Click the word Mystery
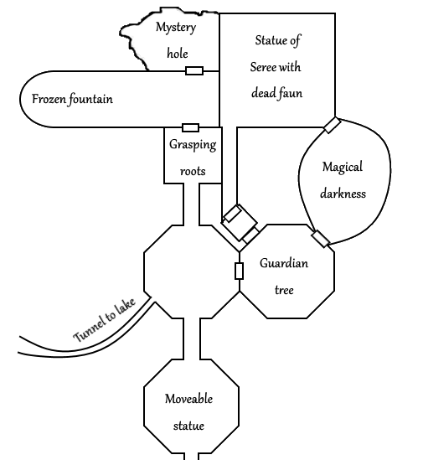[x=176, y=28]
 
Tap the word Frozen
[x=49, y=99]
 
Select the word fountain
[x=91, y=99]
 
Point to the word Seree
[x=263, y=67]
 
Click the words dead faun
[x=276, y=93]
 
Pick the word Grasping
[x=193, y=145]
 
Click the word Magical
[x=343, y=168]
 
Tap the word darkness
[x=343, y=194]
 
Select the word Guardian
[x=284, y=263]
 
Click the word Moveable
[x=188, y=399]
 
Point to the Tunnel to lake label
[x=104, y=320]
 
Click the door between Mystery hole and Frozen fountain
[x=194, y=70]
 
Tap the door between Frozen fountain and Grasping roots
[x=190, y=127]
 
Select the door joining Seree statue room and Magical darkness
[x=333, y=126]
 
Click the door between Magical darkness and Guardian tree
[x=321, y=239]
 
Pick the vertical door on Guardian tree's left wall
[x=239, y=271]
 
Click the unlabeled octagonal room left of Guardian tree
[x=192, y=271]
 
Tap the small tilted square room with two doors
[x=240, y=223]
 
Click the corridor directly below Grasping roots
[x=192, y=204]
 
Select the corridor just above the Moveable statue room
[x=192, y=339]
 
